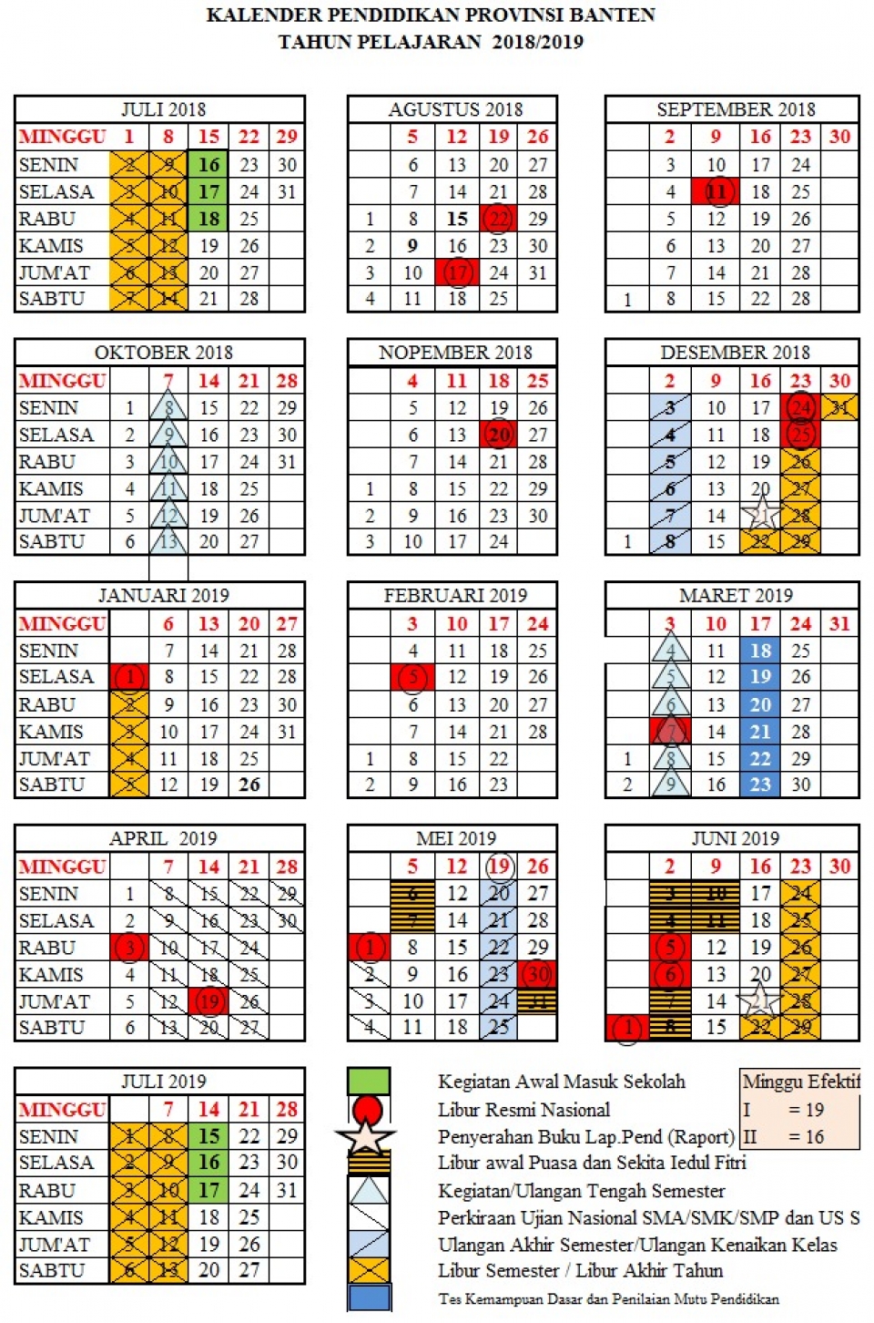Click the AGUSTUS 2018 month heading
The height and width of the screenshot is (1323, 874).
(x=455, y=109)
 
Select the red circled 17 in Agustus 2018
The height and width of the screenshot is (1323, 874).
(x=456, y=272)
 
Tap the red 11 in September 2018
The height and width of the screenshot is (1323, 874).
(x=716, y=191)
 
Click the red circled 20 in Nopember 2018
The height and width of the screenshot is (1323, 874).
(x=499, y=435)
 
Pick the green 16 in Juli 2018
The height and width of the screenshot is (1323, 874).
(x=208, y=165)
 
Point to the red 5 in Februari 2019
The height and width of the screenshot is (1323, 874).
(x=412, y=677)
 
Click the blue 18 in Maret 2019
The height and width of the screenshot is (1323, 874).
(x=760, y=651)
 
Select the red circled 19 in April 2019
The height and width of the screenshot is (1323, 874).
(x=209, y=1001)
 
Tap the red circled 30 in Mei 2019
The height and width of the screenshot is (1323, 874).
(x=537, y=974)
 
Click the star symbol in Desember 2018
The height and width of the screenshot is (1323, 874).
(x=761, y=515)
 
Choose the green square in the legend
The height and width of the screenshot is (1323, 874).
(x=369, y=1082)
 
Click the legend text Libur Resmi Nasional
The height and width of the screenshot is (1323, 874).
(x=523, y=1110)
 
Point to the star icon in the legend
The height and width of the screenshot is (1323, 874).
(x=366, y=1136)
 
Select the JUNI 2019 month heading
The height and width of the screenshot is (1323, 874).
(x=735, y=838)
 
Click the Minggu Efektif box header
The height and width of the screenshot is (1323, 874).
(x=800, y=1082)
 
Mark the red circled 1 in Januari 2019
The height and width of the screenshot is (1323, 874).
(x=129, y=677)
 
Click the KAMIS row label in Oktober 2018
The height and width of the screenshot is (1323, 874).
(x=51, y=489)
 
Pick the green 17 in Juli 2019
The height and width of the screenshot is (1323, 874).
(x=208, y=1190)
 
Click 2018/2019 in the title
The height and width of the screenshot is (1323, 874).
(x=537, y=42)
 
